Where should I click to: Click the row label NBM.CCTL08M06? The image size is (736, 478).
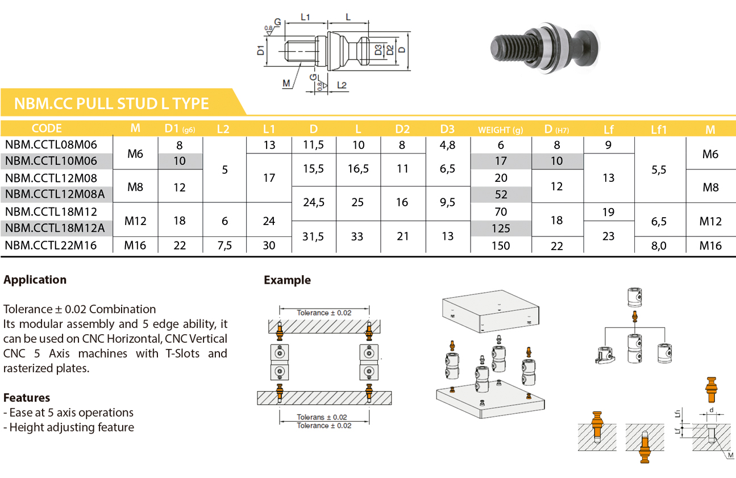(51, 144)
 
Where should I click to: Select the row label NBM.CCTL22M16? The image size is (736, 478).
(51, 246)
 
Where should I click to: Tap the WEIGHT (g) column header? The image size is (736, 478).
(500, 130)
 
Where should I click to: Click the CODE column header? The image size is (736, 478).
(47, 128)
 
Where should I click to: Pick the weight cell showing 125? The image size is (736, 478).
(501, 228)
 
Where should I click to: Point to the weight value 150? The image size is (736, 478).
(501, 246)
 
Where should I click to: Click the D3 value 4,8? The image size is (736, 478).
(447, 145)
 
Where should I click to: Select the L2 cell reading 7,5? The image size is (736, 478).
(224, 246)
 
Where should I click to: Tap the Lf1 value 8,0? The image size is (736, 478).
(659, 246)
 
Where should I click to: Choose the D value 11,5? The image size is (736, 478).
(314, 145)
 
